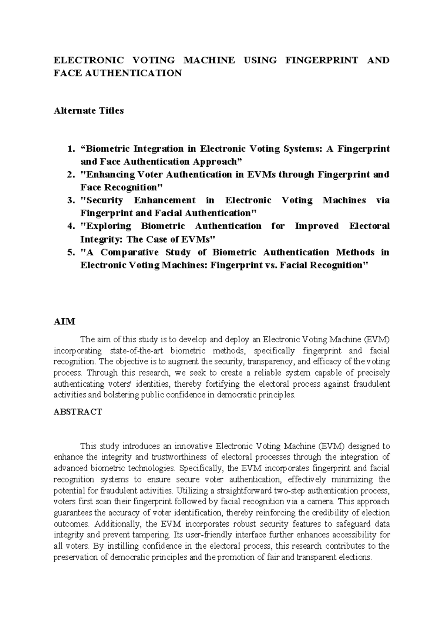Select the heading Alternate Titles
click(89, 111)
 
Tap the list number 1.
click(71, 149)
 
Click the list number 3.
click(71, 200)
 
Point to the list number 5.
click(71, 253)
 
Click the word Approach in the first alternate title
click(215, 162)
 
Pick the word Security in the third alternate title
click(104, 200)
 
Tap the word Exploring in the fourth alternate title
click(108, 226)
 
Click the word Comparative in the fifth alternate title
click(130, 253)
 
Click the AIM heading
click(64, 322)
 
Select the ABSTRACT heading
click(78, 412)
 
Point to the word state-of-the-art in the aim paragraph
click(137, 350)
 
